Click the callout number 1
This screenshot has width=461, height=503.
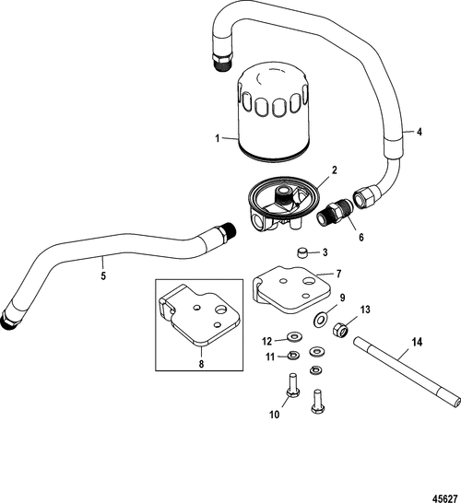point(218,139)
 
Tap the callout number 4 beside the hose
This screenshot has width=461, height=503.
point(420,132)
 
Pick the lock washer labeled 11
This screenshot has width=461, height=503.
point(291,357)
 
